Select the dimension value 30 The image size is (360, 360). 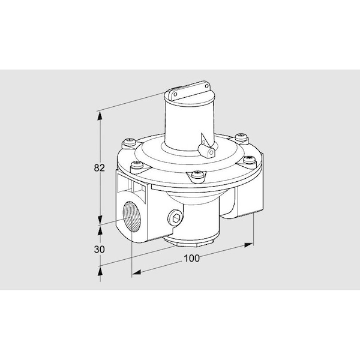pos(100,248)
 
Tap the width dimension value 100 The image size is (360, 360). pos(191,259)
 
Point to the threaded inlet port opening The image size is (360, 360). pos(131,217)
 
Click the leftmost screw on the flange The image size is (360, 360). pos(129,143)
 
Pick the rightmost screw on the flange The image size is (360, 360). pos(250,159)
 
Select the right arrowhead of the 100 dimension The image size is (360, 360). pos(248,244)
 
